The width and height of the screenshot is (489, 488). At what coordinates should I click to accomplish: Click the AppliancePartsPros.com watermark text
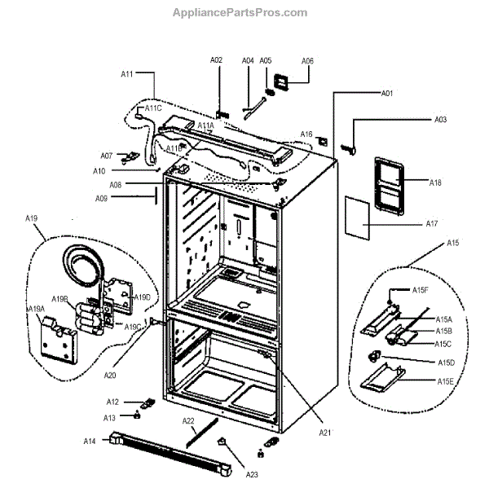240,12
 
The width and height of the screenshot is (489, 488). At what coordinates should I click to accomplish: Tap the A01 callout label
387,94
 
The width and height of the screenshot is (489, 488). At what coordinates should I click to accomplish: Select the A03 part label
439,120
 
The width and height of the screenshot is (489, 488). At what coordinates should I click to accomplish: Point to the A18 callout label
435,182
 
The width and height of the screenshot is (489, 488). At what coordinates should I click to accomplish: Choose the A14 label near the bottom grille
90,441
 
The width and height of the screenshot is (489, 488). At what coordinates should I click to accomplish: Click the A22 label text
188,420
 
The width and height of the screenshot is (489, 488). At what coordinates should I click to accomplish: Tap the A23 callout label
253,472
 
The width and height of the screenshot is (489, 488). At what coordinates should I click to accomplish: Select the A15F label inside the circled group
421,291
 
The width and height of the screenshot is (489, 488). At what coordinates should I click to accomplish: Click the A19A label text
37,309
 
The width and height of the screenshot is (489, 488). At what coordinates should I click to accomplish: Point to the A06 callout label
307,61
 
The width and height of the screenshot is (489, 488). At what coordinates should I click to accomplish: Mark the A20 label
110,375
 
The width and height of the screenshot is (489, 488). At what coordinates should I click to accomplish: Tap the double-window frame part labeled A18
388,186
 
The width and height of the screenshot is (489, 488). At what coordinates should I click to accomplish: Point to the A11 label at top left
127,74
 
